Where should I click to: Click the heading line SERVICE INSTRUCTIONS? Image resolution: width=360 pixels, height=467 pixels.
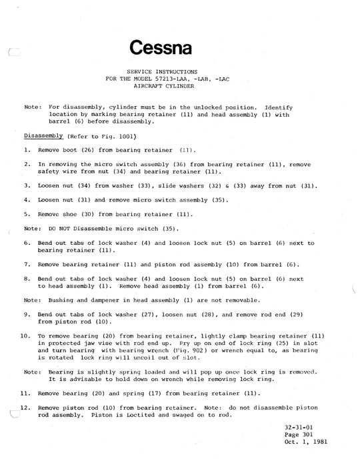click(180, 71)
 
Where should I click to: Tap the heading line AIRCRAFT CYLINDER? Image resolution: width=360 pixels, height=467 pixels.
click(180, 87)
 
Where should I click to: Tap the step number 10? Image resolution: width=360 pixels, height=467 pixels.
click(25, 336)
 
